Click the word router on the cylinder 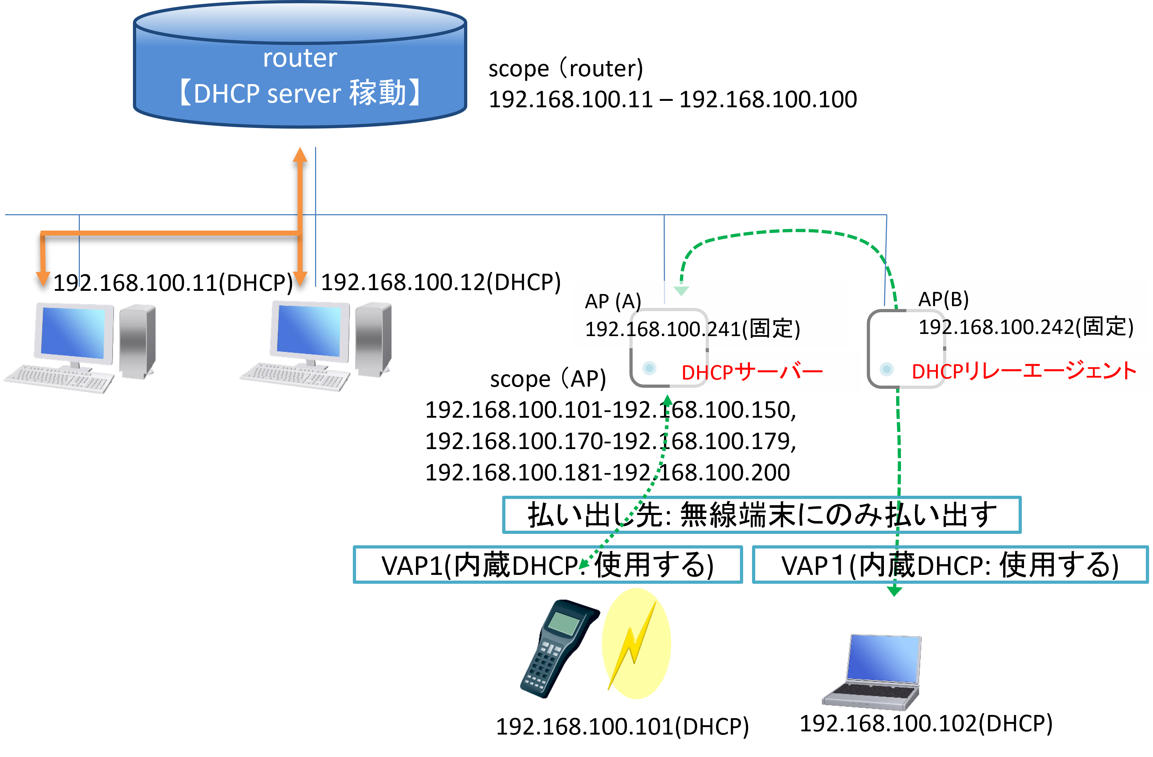pos(299,58)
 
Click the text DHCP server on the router pos(267,93)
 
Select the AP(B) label pos(943,299)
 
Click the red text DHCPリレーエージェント pos(1024,371)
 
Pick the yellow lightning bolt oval pos(636,644)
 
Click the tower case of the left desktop pos(137,341)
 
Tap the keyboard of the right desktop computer pos(295,377)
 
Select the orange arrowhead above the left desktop pos(43,278)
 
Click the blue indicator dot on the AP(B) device pos(886,369)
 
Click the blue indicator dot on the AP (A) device pos(649,368)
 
